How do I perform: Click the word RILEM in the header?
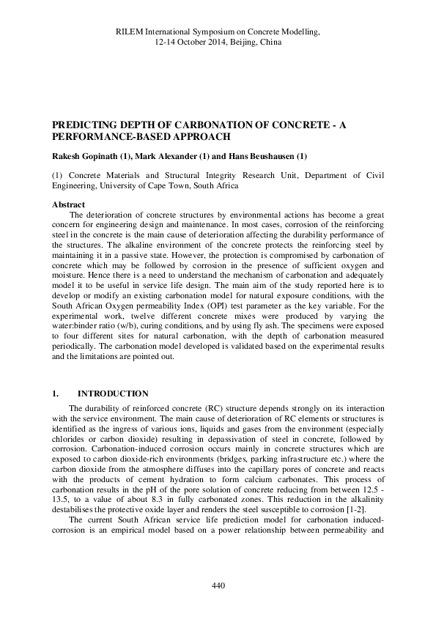[x=132, y=32]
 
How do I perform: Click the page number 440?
[x=218, y=585]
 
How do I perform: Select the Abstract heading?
[x=69, y=204]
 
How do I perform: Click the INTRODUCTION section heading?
[x=113, y=393]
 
